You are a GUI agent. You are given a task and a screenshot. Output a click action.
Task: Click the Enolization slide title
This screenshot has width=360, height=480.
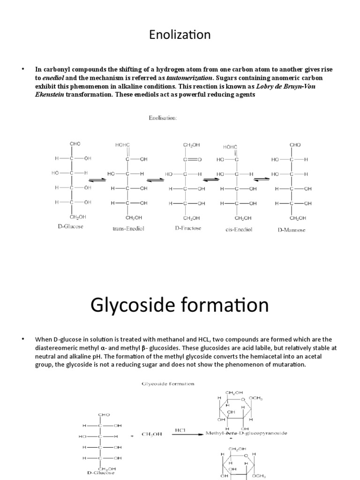coord(180,35)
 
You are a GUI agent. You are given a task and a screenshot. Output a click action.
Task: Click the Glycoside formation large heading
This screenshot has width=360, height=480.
coord(180,305)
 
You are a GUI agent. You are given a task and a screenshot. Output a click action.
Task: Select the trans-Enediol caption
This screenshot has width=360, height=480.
coord(127,229)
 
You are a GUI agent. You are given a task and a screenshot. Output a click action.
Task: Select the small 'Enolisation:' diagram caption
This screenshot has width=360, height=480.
coord(163,119)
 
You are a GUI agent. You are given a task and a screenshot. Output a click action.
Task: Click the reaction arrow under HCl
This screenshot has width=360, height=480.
coord(187,434)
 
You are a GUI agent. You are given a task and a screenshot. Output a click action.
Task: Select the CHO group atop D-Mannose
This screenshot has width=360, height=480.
coord(295,145)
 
